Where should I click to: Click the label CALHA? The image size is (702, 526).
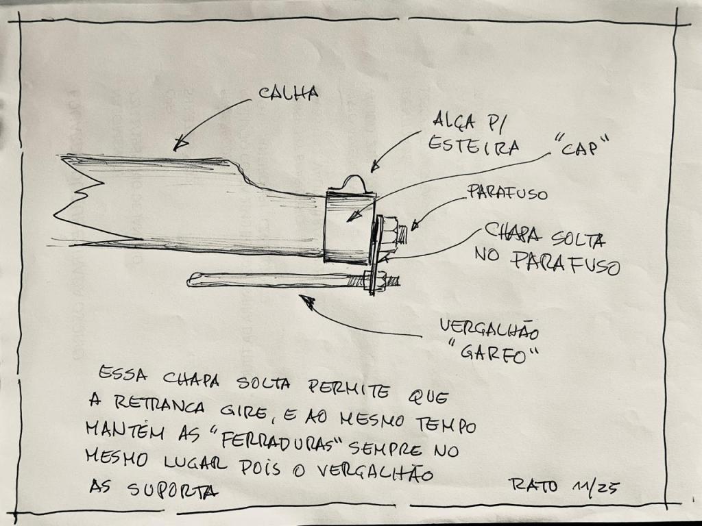tap(289, 93)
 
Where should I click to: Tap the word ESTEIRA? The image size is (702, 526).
tap(474, 146)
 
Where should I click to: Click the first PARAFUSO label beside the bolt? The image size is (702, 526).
tap(507, 192)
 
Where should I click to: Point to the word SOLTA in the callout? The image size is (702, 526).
tap(577, 240)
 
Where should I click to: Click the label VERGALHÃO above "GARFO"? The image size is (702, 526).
tap(489, 329)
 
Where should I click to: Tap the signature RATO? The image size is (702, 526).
tap(533, 484)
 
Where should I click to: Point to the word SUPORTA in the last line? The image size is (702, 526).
tap(173, 490)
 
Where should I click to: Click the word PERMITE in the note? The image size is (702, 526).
tap(349, 388)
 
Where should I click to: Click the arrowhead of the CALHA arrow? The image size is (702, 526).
tap(180, 144)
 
